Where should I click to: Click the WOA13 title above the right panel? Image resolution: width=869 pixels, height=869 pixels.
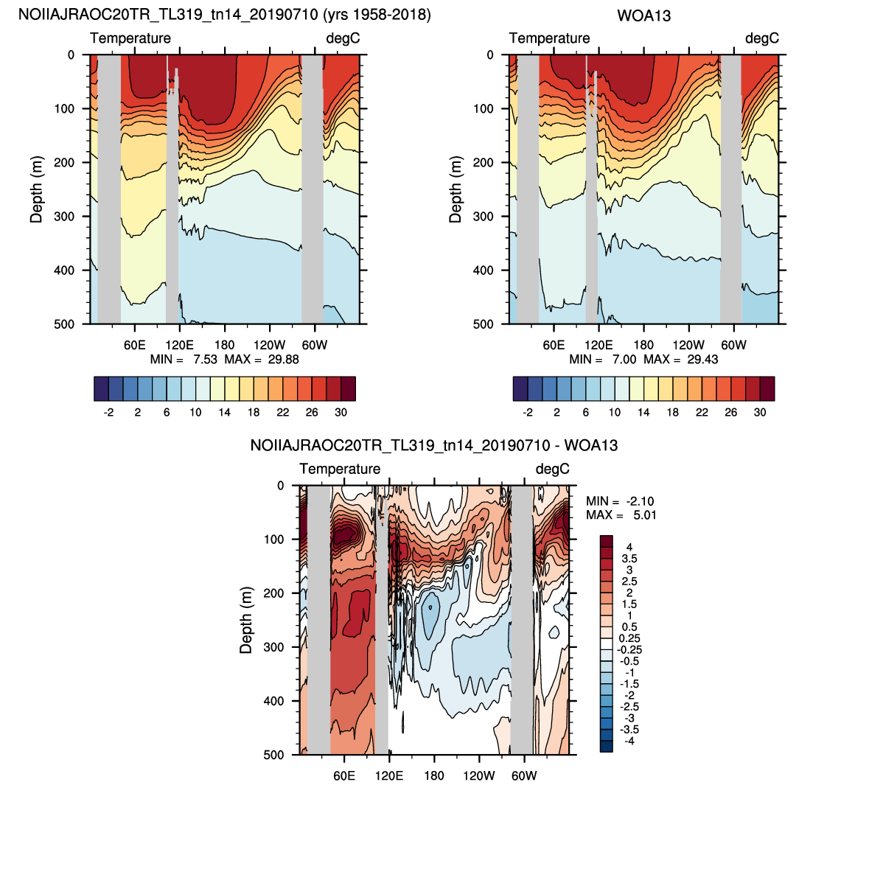(x=643, y=15)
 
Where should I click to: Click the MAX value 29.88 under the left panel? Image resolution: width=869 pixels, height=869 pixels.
(x=283, y=359)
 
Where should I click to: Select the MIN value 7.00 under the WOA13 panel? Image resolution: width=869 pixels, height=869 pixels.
(x=624, y=359)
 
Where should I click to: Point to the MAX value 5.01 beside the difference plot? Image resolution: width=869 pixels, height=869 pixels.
(x=644, y=515)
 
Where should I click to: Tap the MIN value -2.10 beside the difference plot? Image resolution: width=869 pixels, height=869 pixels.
(x=640, y=501)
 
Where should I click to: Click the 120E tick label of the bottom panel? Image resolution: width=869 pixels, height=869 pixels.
(x=388, y=775)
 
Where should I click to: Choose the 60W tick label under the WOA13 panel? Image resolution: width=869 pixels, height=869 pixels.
(x=733, y=345)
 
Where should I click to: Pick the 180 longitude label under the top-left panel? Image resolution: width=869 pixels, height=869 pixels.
(x=225, y=345)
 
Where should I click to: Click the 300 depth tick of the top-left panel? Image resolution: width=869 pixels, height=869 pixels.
(x=64, y=216)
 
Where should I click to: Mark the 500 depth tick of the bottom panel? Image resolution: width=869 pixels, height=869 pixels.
(x=273, y=754)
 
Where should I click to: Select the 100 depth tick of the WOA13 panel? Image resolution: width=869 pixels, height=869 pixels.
(x=484, y=108)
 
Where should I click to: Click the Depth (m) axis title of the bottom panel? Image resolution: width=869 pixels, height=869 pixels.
(x=246, y=620)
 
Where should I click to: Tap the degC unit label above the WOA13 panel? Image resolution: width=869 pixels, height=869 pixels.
(x=762, y=38)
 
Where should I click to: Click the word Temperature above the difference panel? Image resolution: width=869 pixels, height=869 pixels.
(x=340, y=469)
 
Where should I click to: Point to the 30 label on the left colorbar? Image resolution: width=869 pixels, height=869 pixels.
(x=341, y=412)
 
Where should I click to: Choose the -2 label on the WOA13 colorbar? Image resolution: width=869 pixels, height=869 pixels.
(x=528, y=412)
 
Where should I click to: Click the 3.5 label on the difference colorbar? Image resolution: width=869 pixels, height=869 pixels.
(x=629, y=559)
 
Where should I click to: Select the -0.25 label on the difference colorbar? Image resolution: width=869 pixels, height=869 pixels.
(x=629, y=649)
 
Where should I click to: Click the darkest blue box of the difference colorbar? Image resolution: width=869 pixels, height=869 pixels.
(x=607, y=747)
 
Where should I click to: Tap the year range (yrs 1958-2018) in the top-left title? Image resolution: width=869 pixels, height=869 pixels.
(x=377, y=15)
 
